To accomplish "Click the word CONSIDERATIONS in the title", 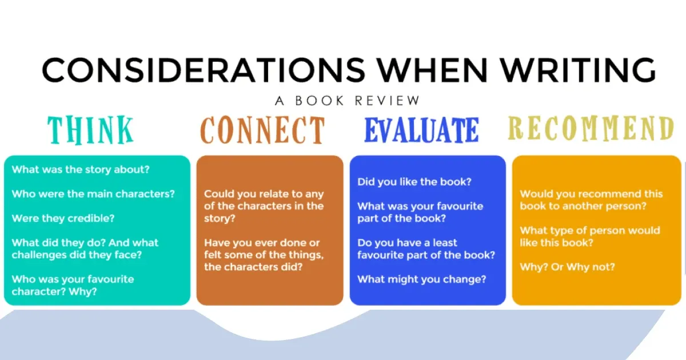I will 203,71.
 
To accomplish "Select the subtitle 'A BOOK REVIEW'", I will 347,101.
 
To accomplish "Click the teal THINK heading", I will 91,130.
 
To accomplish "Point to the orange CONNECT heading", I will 262,130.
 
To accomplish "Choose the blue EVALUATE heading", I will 421,130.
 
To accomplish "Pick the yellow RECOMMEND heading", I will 591,129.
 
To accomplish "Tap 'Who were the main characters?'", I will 93,194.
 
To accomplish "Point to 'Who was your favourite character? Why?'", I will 73,285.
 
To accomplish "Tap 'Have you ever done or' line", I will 262,243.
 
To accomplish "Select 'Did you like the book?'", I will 414,182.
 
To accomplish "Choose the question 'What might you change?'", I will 422,279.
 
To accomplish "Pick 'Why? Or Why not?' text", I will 568,267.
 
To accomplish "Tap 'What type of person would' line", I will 590,230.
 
